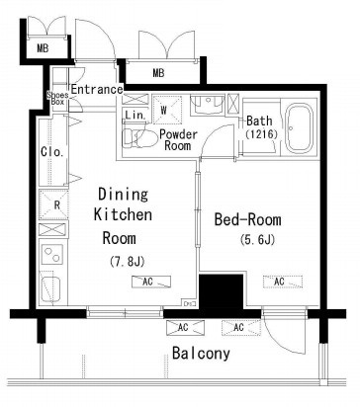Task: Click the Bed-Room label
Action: (x=248, y=219)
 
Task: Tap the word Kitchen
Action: (x=123, y=214)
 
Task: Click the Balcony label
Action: (x=201, y=354)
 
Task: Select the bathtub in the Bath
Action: (x=299, y=128)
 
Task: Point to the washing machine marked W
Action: (x=167, y=110)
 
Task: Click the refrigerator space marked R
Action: (x=53, y=204)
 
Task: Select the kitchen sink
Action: (x=50, y=288)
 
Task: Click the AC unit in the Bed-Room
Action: (x=283, y=282)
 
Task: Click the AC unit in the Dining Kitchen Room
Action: (x=151, y=282)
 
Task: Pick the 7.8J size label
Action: (x=127, y=262)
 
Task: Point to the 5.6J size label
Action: (x=257, y=240)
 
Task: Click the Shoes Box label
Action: (x=57, y=99)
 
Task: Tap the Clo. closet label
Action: (x=52, y=152)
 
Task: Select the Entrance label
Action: (x=97, y=89)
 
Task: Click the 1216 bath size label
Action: (x=261, y=134)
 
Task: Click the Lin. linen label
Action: (x=135, y=115)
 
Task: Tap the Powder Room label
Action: (x=178, y=139)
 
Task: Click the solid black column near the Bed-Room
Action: (x=222, y=292)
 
